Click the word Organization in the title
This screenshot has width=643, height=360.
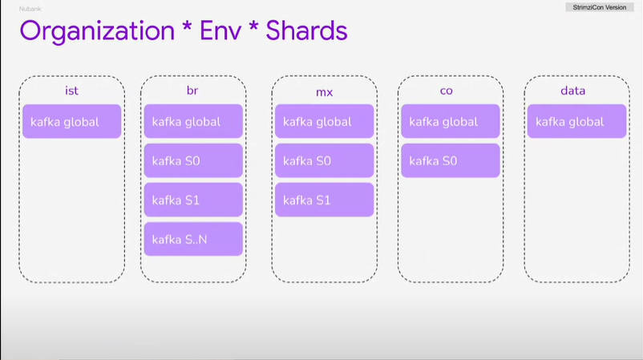[97, 31]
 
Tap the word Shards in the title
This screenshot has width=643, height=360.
[306, 30]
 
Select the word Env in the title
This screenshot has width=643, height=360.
[220, 30]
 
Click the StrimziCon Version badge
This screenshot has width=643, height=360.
[599, 7]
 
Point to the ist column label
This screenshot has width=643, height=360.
[71, 91]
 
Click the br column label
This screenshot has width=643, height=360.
[192, 91]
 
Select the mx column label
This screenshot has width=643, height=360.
[324, 93]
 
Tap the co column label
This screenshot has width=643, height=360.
[446, 91]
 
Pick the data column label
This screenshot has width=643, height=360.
[572, 91]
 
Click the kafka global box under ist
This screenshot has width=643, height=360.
[72, 121]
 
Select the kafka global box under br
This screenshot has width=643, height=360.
[193, 121]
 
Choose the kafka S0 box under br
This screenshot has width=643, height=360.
[193, 160]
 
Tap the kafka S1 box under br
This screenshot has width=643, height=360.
[193, 200]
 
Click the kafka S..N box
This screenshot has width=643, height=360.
[193, 239]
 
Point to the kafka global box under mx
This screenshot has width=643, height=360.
[325, 121]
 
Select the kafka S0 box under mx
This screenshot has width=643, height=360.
[325, 160]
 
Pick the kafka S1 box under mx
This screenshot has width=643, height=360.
[325, 200]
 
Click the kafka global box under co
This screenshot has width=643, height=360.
[451, 121]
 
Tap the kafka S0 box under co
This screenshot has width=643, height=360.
[451, 160]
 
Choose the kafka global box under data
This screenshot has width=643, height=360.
[577, 121]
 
